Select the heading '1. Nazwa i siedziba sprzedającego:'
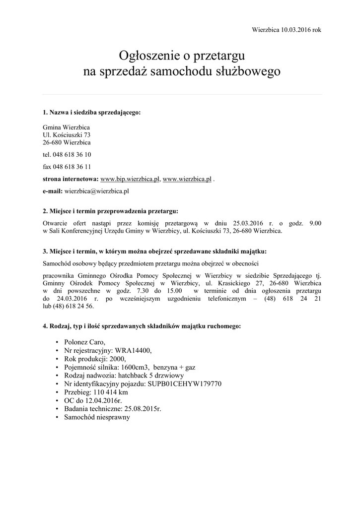click(x=92, y=113)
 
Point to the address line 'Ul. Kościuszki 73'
click(x=67, y=135)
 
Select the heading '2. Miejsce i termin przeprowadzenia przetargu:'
click(x=110, y=211)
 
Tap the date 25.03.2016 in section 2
click(x=247, y=223)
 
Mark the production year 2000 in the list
click(x=118, y=359)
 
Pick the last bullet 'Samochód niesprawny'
click(x=97, y=417)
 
